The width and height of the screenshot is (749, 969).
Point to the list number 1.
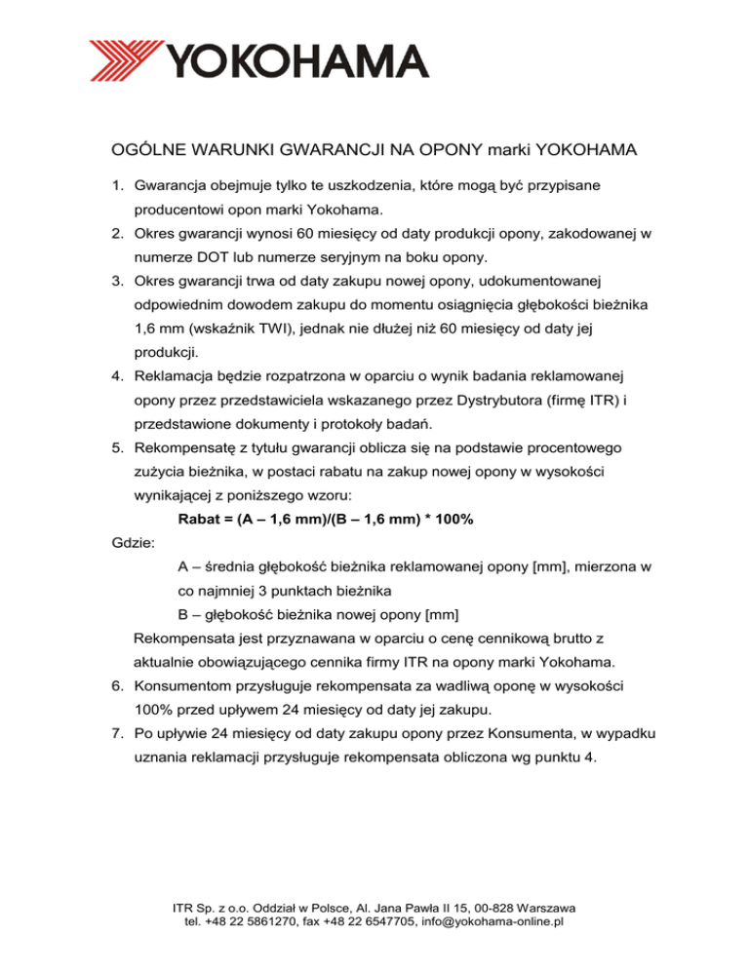pos(119,185)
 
